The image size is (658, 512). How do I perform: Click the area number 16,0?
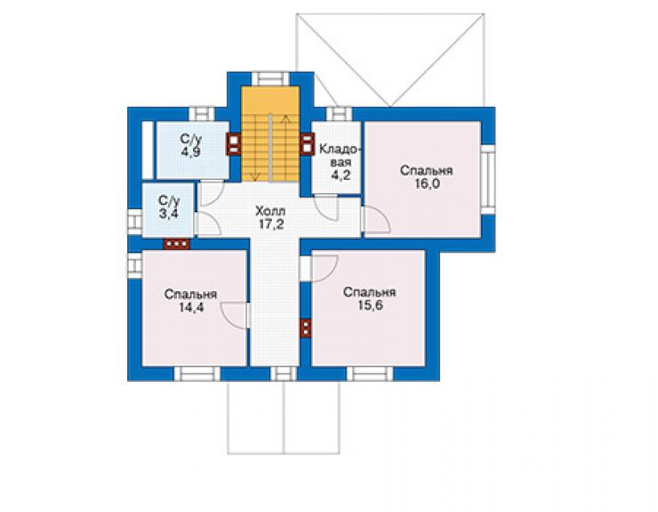pyautogui.click(x=427, y=183)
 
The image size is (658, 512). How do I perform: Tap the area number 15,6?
pyautogui.click(x=370, y=305)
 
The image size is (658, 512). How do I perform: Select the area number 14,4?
pyautogui.click(x=191, y=308)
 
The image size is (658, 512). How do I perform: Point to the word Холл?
pyautogui.click(x=270, y=211)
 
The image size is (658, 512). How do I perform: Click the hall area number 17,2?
pyautogui.click(x=271, y=224)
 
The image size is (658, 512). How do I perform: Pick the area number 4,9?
pyautogui.click(x=190, y=151)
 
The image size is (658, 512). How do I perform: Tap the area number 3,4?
pyautogui.click(x=169, y=213)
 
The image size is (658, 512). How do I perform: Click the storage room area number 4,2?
pyautogui.click(x=341, y=175)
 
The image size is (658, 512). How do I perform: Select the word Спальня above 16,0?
pyautogui.click(x=426, y=171)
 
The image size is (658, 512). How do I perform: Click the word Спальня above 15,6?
pyautogui.click(x=369, y=292)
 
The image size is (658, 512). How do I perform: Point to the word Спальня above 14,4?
pyautogui.click(x=190, y=294)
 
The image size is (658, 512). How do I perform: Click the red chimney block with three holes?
pyautogui.click(x=177, y=244)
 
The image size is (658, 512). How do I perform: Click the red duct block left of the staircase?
pyautogui.click(x=234, y=144)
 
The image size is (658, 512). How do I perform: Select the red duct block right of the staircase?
pyautogui.click(x=307, y=144)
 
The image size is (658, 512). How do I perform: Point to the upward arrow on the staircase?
pyautogui.click(x=285, y=147)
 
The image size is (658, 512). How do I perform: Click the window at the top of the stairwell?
pyautogui.click(x=270, y=78)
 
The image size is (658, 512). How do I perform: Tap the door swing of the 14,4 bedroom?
pyautogui.click(x=235, y=314)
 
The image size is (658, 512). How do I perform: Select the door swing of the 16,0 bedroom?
pyautogui.click(x=376, y=218)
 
